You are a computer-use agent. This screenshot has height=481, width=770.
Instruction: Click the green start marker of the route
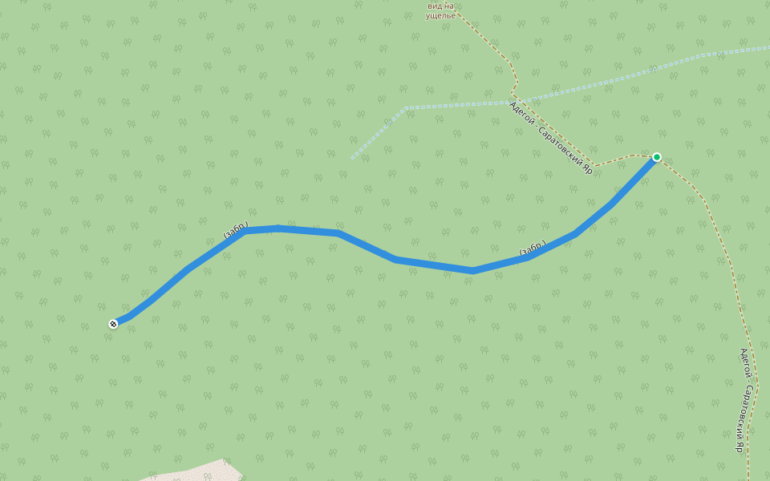click(656, 157)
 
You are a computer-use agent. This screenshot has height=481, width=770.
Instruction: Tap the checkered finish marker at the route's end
click(113, 324)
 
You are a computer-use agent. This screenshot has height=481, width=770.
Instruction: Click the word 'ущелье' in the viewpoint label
click(441, 15)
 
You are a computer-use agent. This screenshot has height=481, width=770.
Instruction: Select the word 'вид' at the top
click(434, 6)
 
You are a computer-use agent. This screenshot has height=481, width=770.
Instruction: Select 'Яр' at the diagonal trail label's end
click(587, 168)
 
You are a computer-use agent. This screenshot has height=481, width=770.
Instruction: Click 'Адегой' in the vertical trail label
click(745, 363)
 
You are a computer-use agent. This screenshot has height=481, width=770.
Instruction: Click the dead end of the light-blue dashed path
click(351, 159)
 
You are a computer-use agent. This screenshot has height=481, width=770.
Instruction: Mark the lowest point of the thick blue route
click(473, 271)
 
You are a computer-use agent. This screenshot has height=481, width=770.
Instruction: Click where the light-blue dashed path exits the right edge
click(768, 48)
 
